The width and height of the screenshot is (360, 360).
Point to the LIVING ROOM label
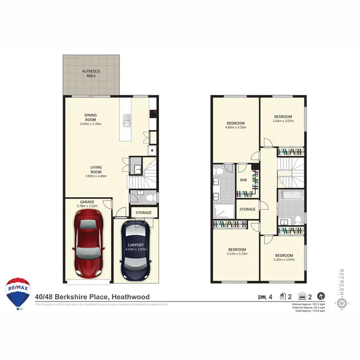(96, 169)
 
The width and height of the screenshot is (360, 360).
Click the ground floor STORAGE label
(143, 213)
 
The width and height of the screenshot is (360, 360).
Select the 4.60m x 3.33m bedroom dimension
(235, 128)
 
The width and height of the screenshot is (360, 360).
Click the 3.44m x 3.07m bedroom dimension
(283, 121)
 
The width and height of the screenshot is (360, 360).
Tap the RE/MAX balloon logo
(18, 293)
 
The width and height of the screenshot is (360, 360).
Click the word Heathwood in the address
(131, 297)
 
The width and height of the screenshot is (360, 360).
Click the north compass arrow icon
(321, 297)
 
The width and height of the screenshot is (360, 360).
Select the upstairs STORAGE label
(248, 209)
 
